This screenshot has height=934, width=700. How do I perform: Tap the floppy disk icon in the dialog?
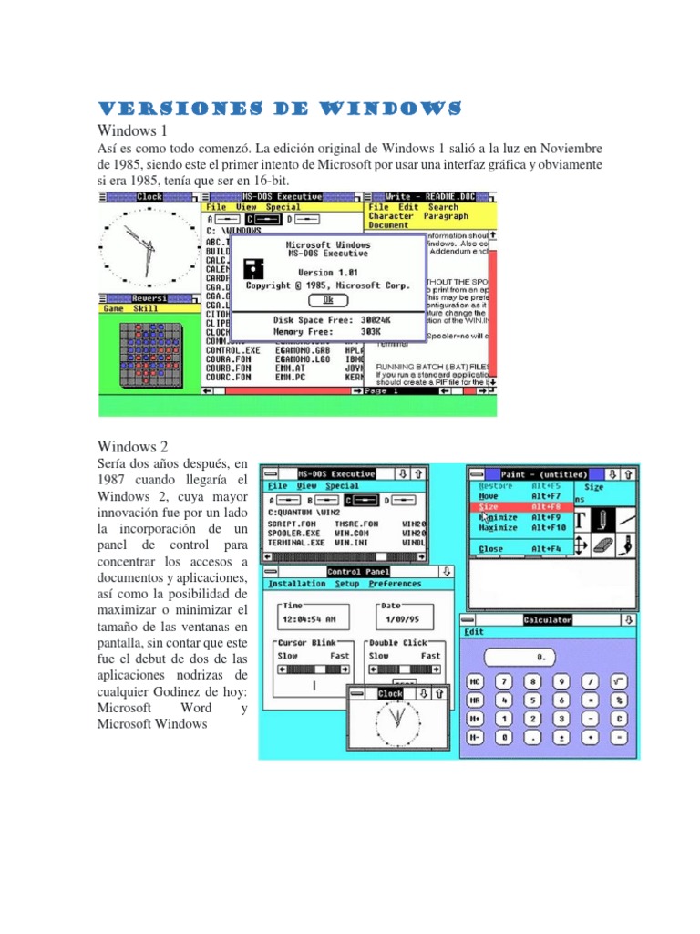pos(253,269)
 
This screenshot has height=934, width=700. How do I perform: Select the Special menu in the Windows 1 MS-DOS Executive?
pos(283,207)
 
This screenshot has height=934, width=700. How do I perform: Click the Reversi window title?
pos(147,298)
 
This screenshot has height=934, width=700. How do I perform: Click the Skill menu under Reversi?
pos(146,309)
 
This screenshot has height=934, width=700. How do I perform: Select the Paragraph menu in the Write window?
pos(444,217)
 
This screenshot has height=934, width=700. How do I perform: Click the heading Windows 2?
pos(132,447)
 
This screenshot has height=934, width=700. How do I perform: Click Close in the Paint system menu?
pos(491,549)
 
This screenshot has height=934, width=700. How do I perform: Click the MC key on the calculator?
pos(475,681)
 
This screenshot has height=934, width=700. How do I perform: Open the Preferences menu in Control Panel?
pos(395,584)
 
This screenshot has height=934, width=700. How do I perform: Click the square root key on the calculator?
pos(619,681)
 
